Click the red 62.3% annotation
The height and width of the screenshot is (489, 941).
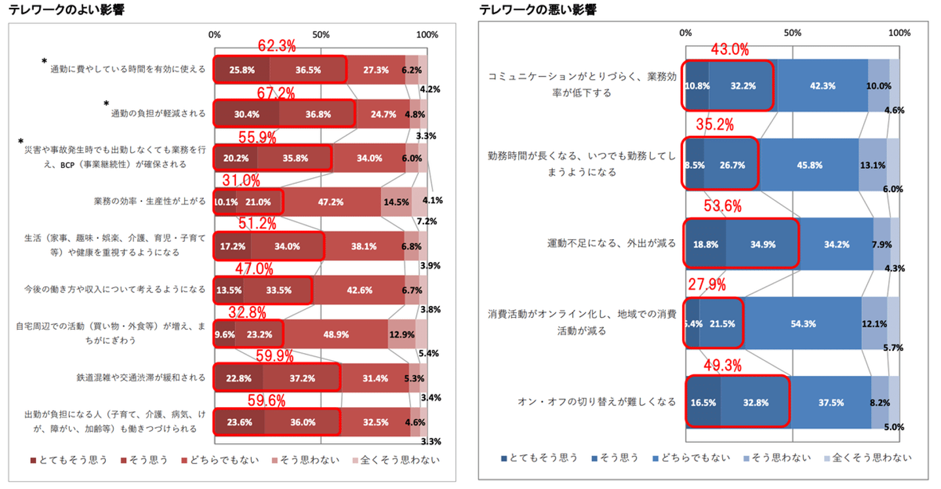277,46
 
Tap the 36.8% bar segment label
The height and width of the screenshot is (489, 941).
317,114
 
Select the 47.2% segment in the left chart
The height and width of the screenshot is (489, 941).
331,202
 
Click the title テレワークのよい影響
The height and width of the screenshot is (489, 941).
63,9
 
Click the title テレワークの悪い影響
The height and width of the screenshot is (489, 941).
538,9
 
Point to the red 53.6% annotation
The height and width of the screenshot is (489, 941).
723,207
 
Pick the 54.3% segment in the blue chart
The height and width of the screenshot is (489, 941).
802,324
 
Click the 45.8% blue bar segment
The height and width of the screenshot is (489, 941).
809,165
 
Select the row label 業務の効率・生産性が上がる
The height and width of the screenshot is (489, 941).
150,201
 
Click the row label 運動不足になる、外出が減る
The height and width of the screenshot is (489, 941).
612,244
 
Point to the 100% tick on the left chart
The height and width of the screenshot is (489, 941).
427,34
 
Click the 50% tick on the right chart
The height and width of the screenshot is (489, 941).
792,33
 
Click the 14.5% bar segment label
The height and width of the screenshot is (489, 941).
396,202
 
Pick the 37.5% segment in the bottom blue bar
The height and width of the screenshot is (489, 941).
830,403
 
